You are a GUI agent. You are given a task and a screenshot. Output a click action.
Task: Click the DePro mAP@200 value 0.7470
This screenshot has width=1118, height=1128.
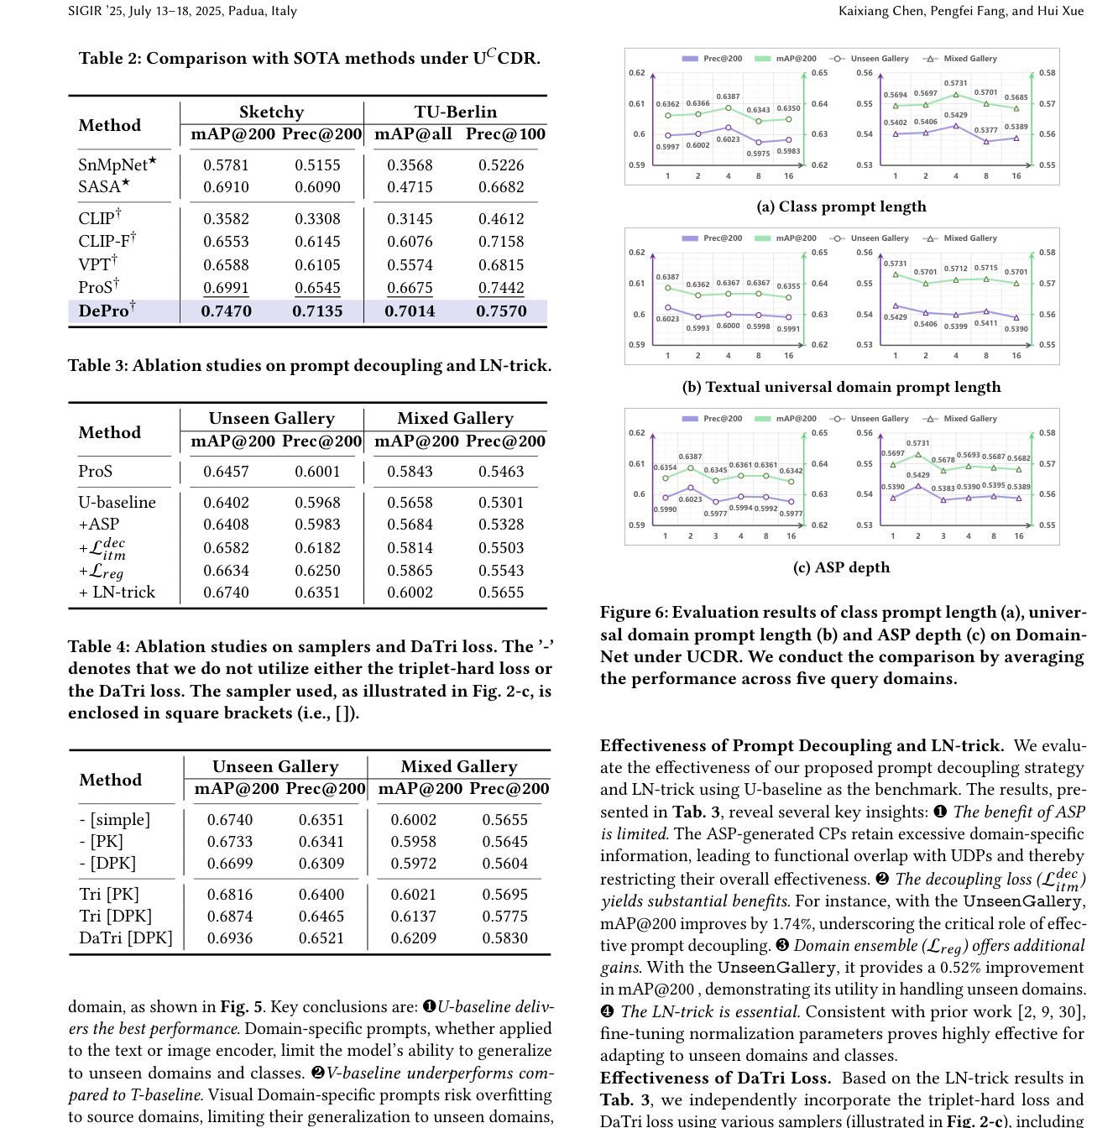coord(226,311)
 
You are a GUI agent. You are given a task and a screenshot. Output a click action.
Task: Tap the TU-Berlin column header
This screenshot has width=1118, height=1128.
coord(455,112)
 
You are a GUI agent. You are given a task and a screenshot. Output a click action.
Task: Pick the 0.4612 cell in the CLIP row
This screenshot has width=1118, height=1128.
coord(501,219)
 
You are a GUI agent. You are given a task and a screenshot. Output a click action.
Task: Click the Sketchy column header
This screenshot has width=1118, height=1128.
coord(271,112)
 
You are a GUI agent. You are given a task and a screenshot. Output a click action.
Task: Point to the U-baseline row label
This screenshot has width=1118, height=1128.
coord(117,503)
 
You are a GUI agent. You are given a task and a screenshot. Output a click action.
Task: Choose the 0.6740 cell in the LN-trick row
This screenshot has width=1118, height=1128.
coord(226,593)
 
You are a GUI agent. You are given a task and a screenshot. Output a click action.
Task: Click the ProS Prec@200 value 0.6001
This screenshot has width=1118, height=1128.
coord(317,472)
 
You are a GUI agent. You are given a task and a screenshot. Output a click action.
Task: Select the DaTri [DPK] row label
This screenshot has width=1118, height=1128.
coord(126,938)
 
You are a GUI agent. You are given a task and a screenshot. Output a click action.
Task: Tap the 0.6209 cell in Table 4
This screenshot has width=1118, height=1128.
coord(413,938)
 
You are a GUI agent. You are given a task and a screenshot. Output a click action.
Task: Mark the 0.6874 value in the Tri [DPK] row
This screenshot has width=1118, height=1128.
coord(230,916)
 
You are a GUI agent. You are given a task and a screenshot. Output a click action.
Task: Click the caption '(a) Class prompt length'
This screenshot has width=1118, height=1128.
coord(841,206)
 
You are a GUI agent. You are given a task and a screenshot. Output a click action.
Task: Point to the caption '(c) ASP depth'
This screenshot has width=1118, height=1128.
coord(841,567)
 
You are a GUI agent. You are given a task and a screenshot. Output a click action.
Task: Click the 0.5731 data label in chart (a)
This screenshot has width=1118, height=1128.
coord(955,83)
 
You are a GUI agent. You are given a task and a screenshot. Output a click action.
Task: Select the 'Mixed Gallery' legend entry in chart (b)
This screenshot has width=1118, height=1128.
coord(969,238)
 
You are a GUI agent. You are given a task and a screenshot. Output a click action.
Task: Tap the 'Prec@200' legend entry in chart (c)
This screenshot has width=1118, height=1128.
coord(722,419)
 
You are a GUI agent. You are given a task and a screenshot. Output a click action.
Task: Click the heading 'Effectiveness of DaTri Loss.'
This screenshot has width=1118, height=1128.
coord(715,1078)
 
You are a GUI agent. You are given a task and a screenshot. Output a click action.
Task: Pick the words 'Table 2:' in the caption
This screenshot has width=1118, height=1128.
coord(109,59)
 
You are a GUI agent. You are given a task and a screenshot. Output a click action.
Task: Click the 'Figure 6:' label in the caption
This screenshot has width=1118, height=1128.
coord(634,613)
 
